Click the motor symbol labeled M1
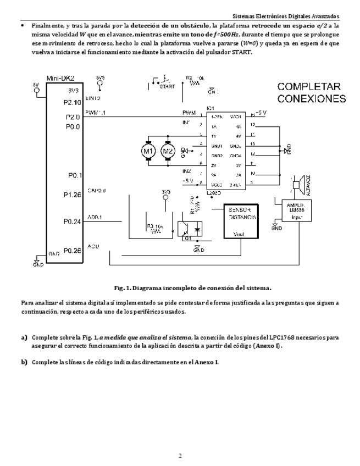click(147, 151)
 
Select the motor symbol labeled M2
click(167, 151)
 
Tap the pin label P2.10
click(72, 102)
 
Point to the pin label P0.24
click(72, 222)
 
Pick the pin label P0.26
click(72, 251)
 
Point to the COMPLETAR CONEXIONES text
click(311, 93)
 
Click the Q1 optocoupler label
click(187, 238)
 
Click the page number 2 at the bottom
click(180, 455)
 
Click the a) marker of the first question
click(24, 337)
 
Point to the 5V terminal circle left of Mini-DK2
click(36, 91)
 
